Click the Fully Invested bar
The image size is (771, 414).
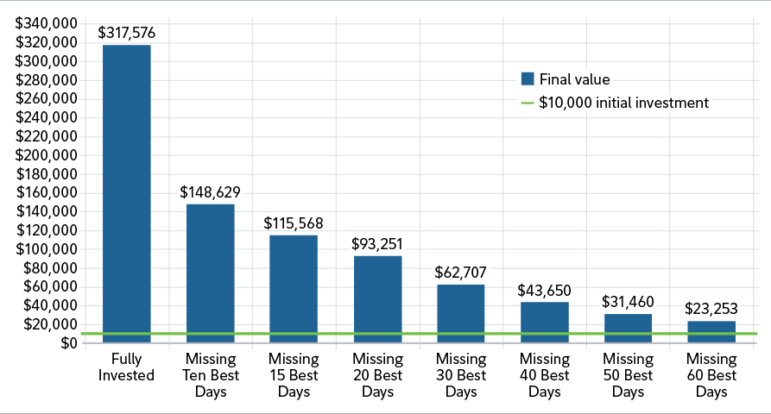coord(126,193)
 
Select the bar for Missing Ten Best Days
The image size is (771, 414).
coord(210,273)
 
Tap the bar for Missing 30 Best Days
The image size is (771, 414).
coord(460,313)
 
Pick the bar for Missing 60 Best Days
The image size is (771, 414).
coord(711,332)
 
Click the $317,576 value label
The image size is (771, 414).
coord(126,34)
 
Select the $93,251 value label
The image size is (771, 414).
coord(376,244)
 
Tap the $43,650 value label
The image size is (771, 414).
coord(544,291)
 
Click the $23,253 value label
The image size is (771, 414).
coord(711,310)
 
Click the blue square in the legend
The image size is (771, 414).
coord(528,79)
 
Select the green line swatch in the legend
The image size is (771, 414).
coord(528,103)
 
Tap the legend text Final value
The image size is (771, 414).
coord(574,79)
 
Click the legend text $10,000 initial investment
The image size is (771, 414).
coord(623,103)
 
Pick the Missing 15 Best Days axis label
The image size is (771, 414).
coord(294,375)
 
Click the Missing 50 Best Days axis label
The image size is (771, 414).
coord(628,375)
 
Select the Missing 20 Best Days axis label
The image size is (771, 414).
coord(376,375)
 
